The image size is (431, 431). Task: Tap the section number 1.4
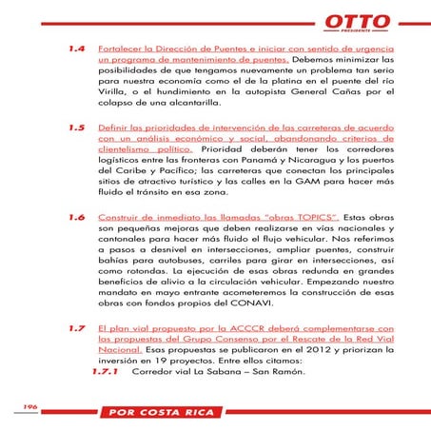point(77,47)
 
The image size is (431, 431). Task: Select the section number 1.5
point(77,126)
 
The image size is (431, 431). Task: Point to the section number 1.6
point(77,217)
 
